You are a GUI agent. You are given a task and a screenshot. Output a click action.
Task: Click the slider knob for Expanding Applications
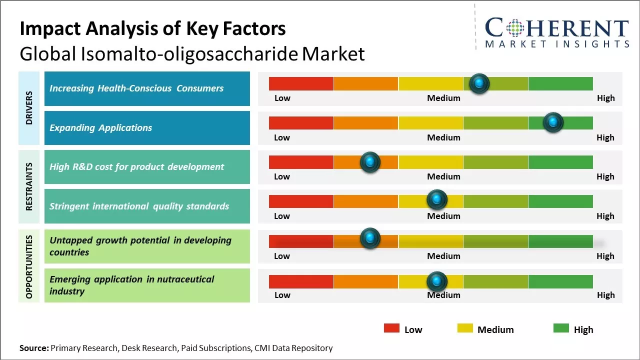[x=553, y=122]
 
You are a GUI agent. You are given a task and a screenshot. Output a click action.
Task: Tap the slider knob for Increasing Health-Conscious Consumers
[x=479, y=83]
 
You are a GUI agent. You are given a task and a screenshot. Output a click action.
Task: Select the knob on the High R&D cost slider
[x=370, y=162]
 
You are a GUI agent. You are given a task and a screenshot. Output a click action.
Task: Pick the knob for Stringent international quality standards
[x=437, y=200]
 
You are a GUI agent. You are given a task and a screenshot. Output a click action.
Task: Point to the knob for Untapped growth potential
[x=370, y=239]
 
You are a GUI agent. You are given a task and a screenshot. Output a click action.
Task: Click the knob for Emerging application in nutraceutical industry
[x=437, y=281]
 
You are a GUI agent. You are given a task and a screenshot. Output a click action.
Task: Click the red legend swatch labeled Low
[x=391, y=328]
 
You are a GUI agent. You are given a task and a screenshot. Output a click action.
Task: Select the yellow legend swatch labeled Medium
[x=465, y=328]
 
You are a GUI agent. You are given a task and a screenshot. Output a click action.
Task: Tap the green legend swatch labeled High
[x=561, y=328]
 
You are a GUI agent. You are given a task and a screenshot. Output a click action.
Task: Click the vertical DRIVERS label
[x=29, y=107]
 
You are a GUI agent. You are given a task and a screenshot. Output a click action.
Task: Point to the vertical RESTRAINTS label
[x=29, y=186]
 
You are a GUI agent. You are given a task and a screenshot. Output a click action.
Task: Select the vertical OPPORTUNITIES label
[x=29, y=266]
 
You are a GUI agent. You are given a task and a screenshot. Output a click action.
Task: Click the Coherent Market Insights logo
[x=557, y=32]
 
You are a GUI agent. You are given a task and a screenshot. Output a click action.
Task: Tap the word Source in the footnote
[x=34, y=348]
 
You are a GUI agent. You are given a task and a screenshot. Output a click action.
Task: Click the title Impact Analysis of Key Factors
[x=152, y=29]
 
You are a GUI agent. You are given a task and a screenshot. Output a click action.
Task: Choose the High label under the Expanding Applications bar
[x=605, y=137]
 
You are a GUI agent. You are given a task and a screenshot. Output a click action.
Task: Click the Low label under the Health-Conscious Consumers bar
[x=282, y=98]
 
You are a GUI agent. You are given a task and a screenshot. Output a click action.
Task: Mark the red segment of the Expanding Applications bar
[x=301, y=123]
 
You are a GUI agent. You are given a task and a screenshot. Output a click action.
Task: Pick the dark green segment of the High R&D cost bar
[x=560, y=162]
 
